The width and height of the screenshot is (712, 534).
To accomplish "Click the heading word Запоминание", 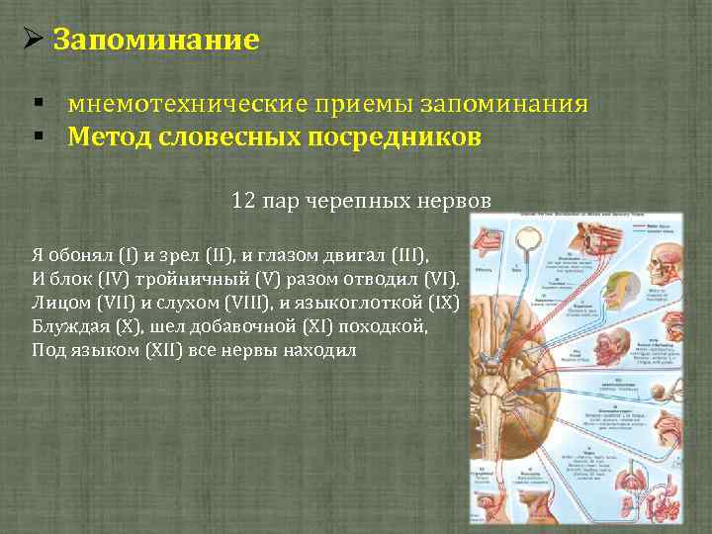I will pos(155,41).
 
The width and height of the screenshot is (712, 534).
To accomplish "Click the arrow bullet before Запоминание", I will pos(31,42).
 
